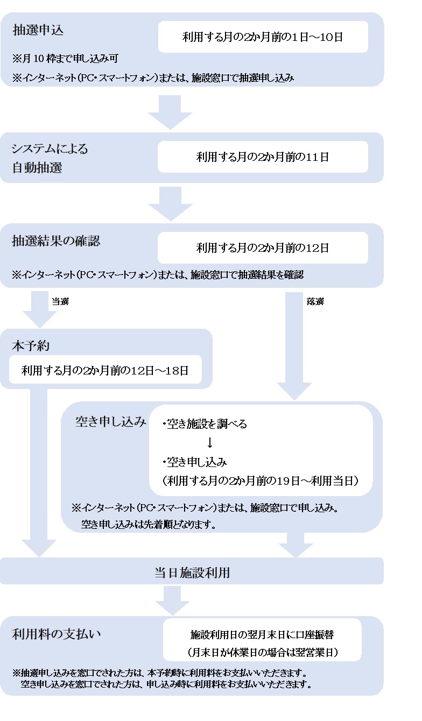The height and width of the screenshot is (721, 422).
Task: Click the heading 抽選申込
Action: click(38, 30)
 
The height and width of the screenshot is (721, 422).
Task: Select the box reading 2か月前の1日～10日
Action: click(263, 37)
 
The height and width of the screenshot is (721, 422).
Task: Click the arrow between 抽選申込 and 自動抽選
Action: click(170, 112)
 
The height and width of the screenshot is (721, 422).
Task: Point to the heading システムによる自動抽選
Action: click(50, 158)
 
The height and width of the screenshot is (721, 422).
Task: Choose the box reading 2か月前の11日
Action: click(263, 157)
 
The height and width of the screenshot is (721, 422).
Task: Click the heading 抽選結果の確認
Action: click(56, 241)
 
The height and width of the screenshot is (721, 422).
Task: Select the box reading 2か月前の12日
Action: click(263, 248)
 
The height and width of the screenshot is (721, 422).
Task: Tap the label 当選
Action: click(60, 302)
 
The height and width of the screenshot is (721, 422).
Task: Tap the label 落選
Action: click(315, 302)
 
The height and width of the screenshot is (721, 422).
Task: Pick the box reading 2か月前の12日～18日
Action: click(105, 370)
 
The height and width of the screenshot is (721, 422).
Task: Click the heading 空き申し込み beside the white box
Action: click(110, 422)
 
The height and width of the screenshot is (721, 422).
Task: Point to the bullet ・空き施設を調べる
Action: click(205, 424)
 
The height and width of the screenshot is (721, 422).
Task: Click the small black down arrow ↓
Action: click(210, 442)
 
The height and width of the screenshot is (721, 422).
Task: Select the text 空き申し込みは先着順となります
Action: click(149, 525)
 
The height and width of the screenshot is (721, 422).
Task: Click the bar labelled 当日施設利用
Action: click(192, 572)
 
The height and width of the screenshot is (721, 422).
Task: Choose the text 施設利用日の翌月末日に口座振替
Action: click(262, 634)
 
